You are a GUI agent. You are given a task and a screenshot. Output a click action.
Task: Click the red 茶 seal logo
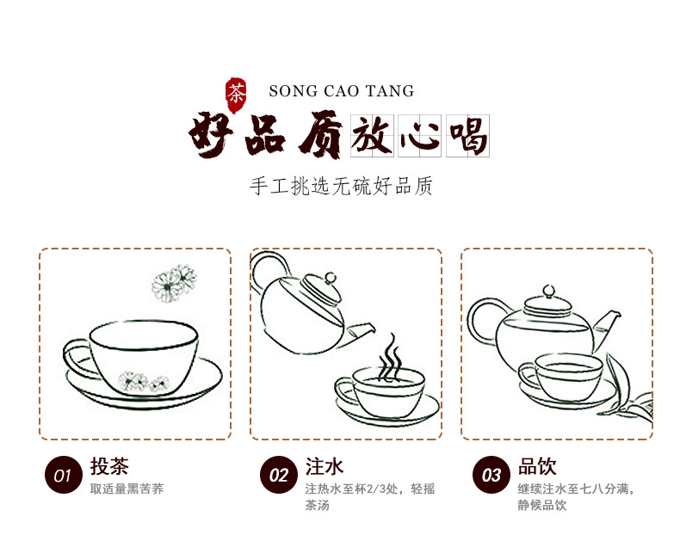[235, 91]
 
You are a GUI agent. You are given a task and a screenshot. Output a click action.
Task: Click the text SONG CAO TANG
[341, 91]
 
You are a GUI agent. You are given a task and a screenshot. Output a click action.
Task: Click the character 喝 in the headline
[467, 136]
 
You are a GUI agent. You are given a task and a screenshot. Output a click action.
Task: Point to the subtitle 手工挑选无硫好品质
[341, 186]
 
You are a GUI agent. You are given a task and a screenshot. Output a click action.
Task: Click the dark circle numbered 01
[62, 475]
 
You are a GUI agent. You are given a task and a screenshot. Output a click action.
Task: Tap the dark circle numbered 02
[278, 475]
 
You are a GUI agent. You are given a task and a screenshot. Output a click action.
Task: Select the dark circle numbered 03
[491, 475]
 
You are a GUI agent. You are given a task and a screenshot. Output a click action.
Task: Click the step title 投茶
[109, 466]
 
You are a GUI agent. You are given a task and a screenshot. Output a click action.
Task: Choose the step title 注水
[325, 466]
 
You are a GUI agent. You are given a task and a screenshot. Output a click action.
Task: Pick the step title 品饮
[537, 466]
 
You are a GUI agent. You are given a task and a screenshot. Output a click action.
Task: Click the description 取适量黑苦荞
[127, 489]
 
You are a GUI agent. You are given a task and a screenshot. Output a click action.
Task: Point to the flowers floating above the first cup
[175, 280]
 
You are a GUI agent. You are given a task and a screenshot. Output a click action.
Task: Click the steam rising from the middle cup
[392, 354]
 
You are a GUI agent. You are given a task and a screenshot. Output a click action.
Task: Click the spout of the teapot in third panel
[608, 321]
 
